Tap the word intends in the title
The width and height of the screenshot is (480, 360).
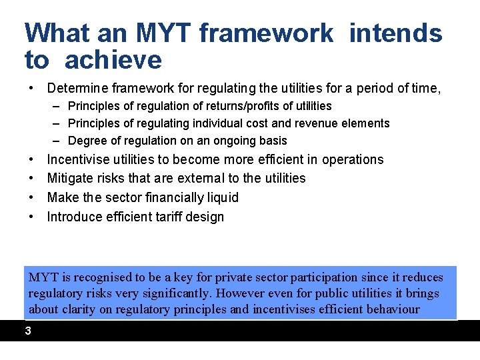(x=395, y=33)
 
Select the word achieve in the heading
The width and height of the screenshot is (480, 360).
(x=113, y=60)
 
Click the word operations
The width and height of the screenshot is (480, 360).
(x=353, y=159)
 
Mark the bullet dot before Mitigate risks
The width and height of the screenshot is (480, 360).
(x=31, y=179)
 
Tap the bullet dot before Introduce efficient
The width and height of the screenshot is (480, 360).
(x=31, y=217)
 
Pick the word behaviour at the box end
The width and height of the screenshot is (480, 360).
(x=392, y=309)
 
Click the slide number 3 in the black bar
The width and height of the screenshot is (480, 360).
(x=28, y=331)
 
